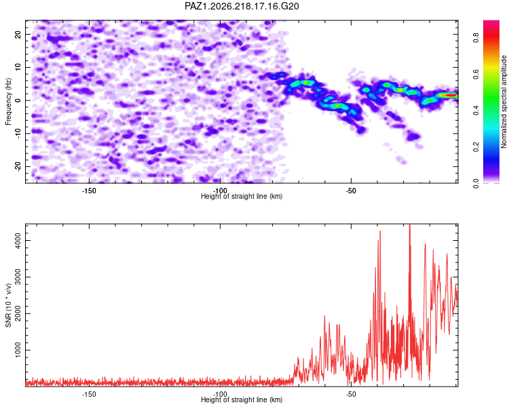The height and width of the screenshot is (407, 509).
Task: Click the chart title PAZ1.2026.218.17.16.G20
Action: pos(242,6)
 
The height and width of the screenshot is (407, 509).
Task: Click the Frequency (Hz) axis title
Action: pos(8,102)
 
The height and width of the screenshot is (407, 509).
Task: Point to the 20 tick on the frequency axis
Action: pos(18,34)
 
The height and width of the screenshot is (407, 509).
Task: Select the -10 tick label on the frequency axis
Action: pos(18,133)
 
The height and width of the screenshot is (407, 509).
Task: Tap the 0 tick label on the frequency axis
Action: pos(18,100)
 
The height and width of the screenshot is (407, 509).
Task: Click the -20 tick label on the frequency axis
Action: pos(18,166)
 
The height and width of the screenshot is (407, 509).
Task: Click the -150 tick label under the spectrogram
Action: pos(89,191)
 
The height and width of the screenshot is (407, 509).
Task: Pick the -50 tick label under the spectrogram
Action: pos(351,191)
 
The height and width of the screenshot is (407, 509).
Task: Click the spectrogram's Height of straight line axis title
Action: pos(242,196)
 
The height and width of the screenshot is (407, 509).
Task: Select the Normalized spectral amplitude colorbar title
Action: pos(504,102)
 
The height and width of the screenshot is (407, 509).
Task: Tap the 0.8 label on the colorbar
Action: pos(476,38)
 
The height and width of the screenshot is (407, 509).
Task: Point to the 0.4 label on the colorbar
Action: pos(476,111)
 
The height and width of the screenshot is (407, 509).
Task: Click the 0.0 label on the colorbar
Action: pos(476,183)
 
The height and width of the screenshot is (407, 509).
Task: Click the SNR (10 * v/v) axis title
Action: pos(8,305)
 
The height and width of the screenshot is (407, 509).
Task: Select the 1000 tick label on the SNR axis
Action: pos(18,350)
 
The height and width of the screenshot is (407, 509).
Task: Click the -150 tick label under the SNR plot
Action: pos(89,394)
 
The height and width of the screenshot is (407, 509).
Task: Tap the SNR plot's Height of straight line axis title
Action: pos(242,400)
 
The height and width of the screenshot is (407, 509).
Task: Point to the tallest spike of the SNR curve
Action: pos(410,225)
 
